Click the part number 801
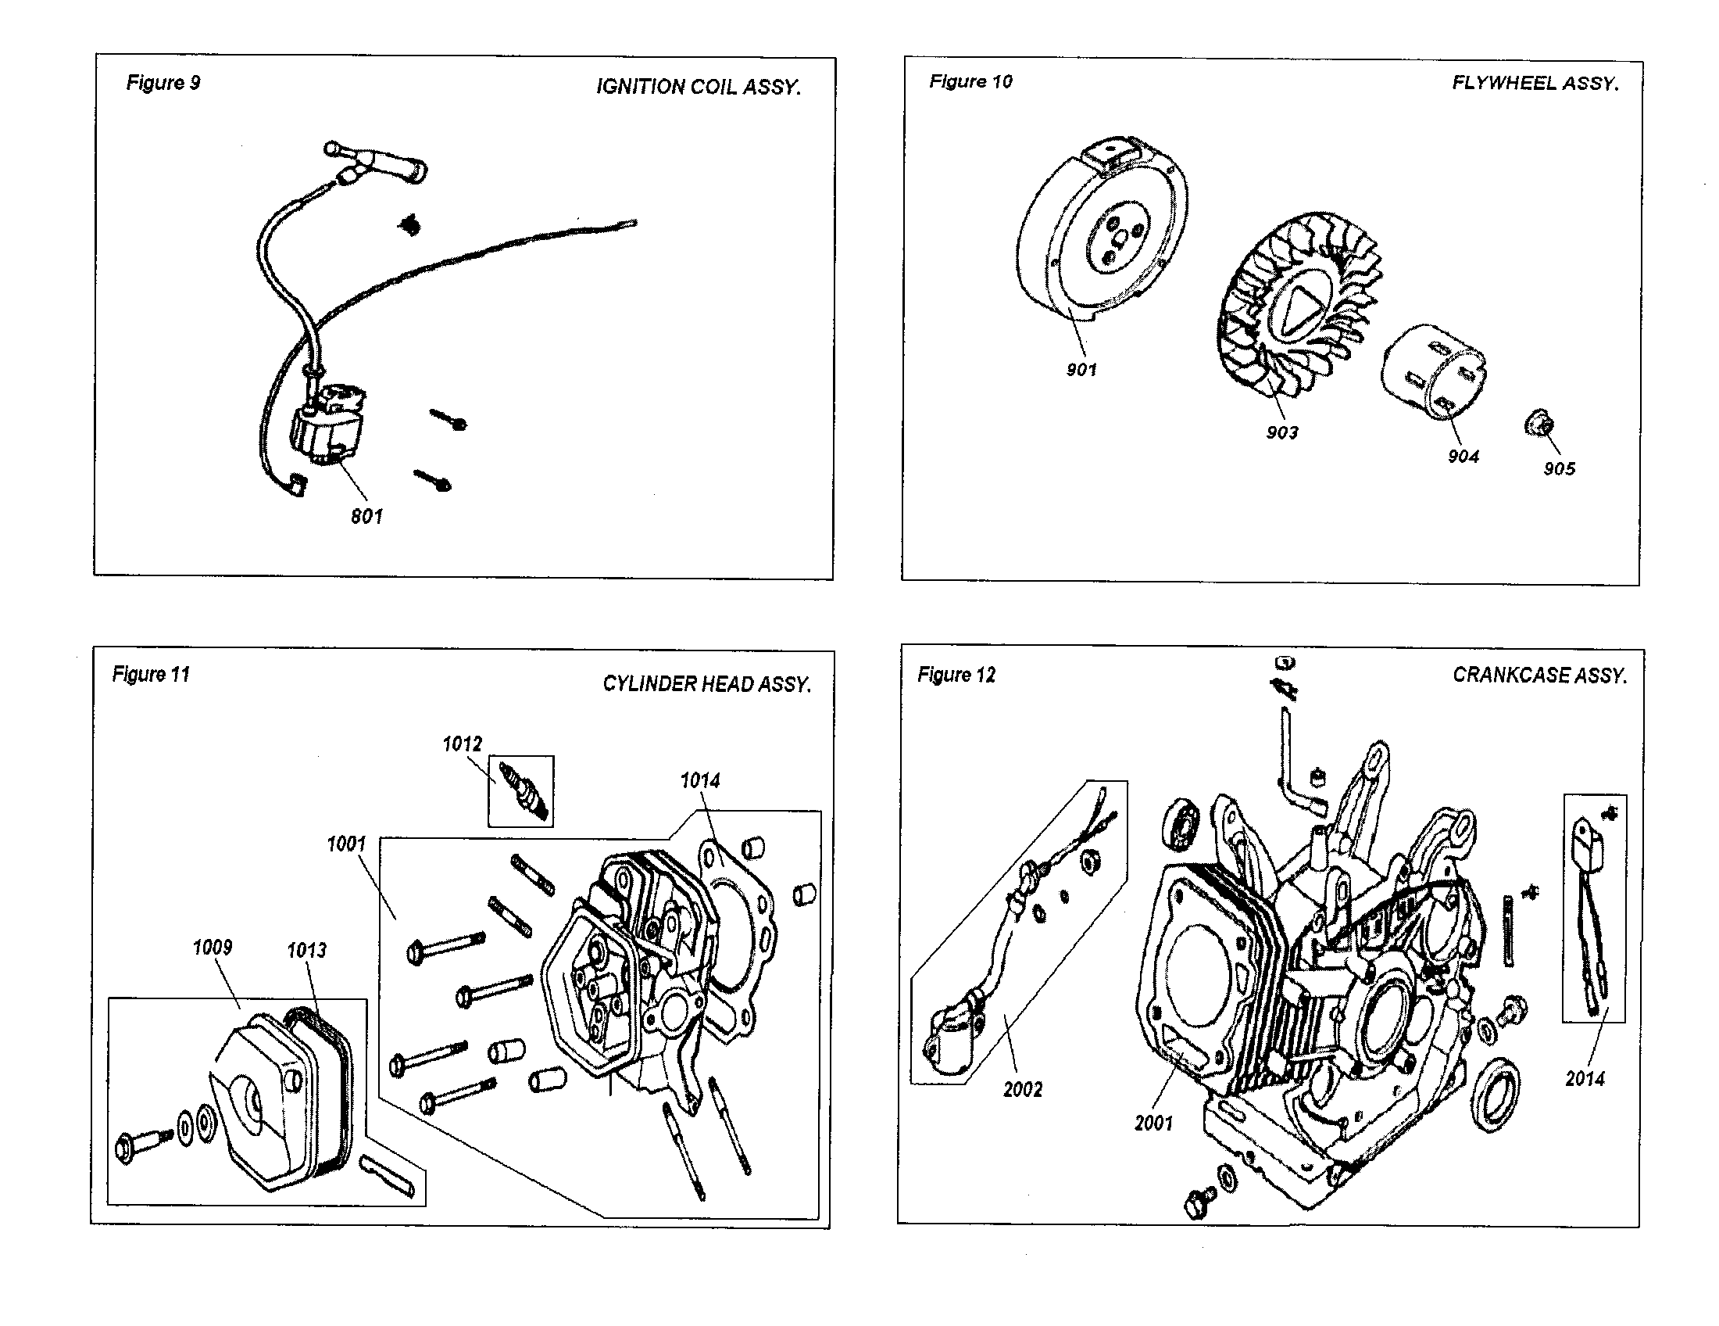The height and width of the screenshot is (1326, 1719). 366,517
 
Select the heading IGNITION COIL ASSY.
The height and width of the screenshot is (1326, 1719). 698,87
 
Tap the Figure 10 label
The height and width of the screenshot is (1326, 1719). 970,81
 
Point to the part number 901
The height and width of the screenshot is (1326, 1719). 1081,370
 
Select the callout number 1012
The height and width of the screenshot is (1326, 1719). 462,744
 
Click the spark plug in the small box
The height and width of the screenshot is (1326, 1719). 521,791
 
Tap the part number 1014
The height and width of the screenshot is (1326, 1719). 700,780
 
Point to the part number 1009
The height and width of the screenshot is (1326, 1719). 213,948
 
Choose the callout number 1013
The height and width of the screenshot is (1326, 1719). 306,951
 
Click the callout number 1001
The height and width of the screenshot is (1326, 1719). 346,844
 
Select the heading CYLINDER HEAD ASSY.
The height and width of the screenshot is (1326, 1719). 706,684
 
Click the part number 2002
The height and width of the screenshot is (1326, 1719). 1023,1090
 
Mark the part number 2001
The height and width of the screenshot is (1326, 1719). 1153,1124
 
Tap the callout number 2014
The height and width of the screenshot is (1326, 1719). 1585,1079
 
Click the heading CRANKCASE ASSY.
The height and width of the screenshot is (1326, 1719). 1539,676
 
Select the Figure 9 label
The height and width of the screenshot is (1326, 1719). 163,83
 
